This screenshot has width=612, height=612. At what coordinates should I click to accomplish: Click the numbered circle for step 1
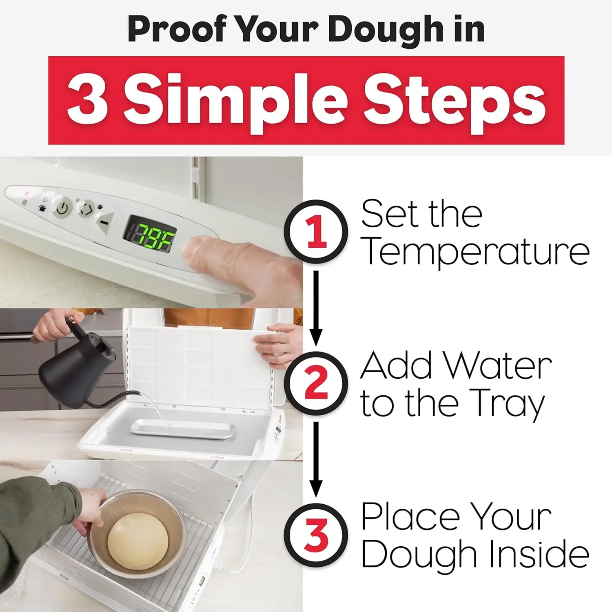pos(316,232)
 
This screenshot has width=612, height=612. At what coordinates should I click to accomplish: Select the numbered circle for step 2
pos(316,384)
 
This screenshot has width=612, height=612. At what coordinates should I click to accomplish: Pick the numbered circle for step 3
pos(316,534)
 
